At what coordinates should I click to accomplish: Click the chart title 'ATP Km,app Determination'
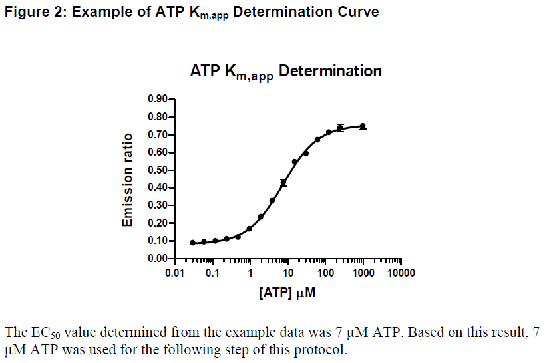coord(286,72)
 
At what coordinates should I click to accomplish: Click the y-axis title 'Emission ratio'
coord(128,180)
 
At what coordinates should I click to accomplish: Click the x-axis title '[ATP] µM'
coord(287,293)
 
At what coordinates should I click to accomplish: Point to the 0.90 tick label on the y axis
coord(158,100)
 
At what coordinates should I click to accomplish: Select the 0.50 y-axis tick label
coord(158,170)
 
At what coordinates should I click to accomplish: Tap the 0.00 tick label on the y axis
coord(158,258)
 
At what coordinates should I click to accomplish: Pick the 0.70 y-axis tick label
coord(158,135)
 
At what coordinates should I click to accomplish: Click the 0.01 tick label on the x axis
coord(174,273)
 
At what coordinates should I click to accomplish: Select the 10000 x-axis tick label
coord(401,273)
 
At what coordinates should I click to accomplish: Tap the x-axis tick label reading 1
coord(250,273)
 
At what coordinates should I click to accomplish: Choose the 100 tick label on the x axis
coord(325,273)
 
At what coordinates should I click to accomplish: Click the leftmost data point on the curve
coord(192,243)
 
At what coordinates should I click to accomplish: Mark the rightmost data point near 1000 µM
coord(363,126)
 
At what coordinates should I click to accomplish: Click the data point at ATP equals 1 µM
coord(250,229)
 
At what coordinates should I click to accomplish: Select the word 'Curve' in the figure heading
coord(360,12)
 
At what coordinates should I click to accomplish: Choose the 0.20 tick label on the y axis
coord(158,223)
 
